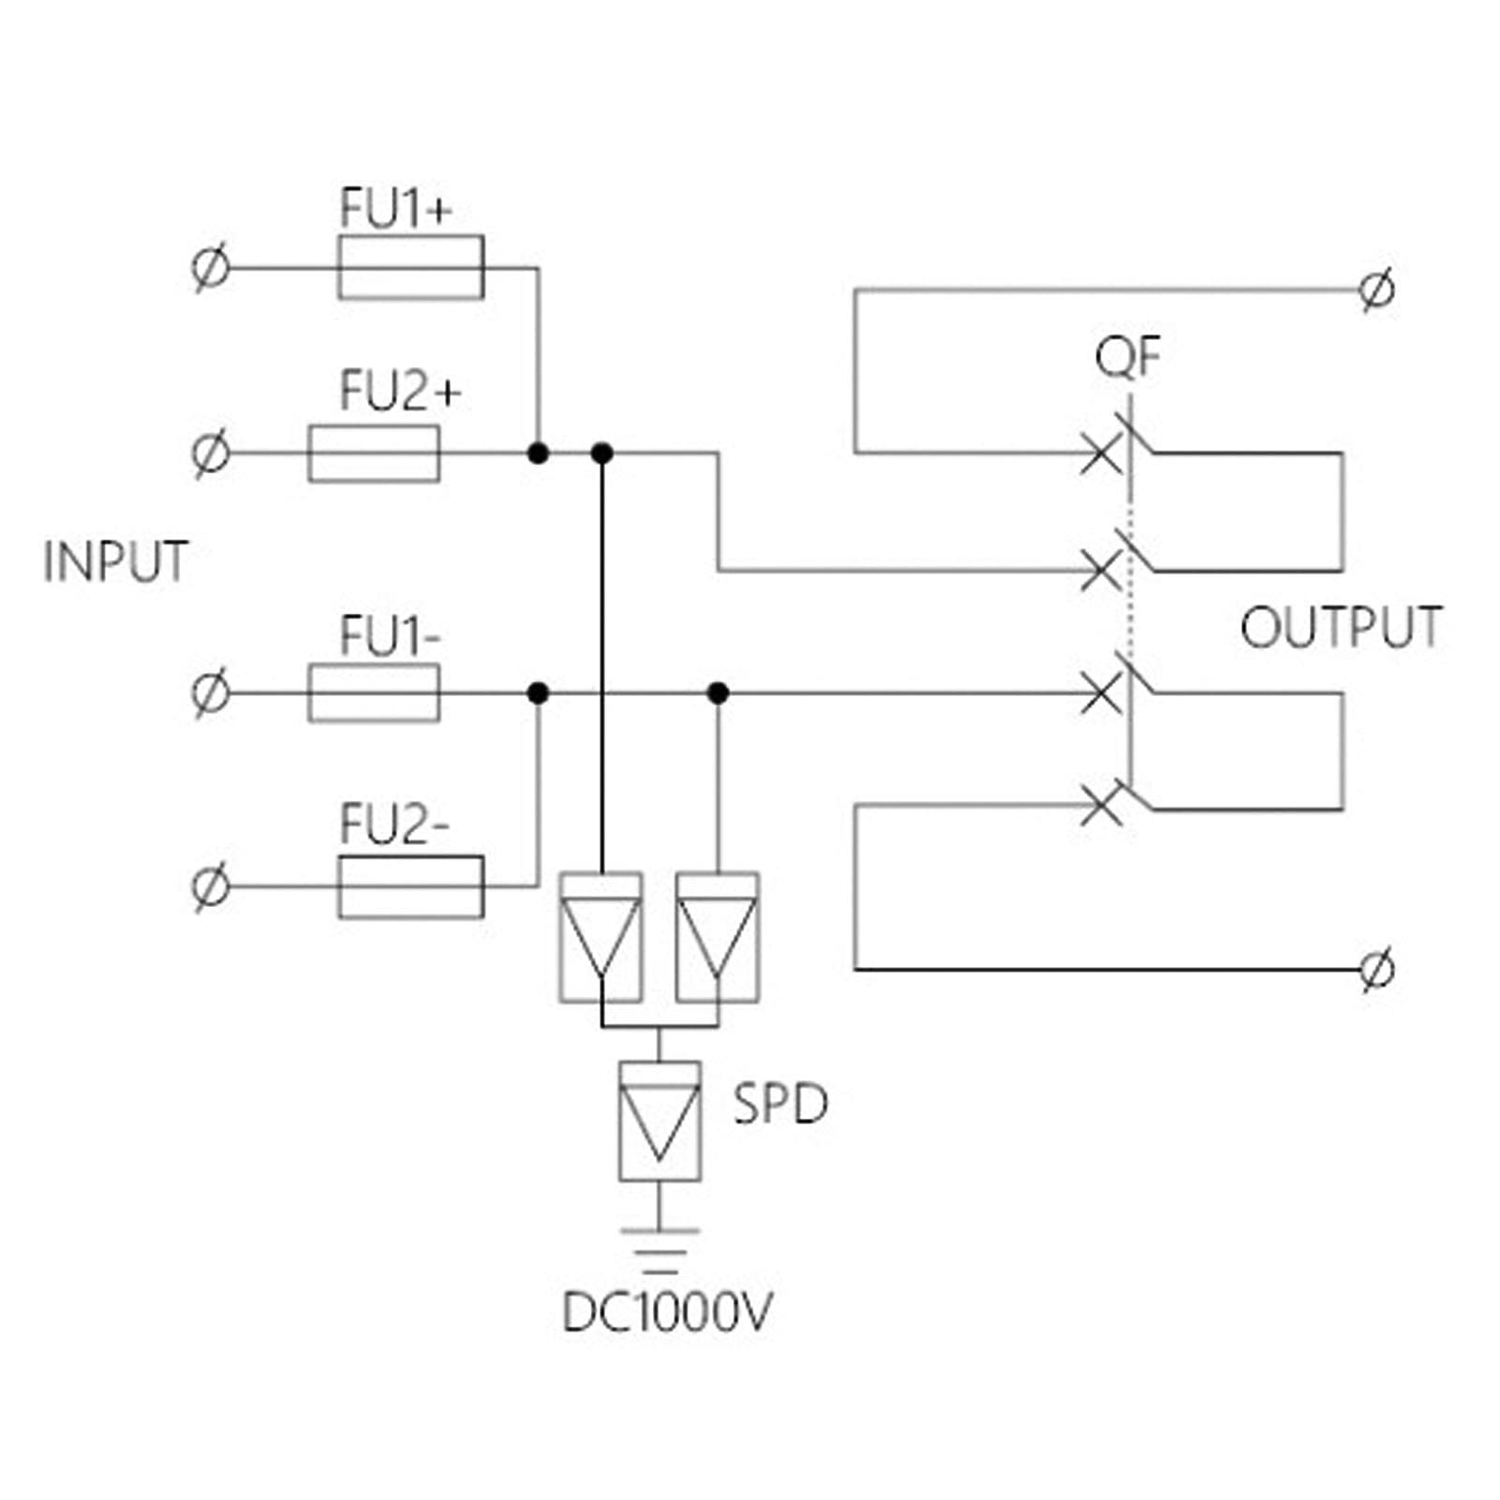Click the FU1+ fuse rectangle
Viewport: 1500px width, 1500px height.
[410, 268]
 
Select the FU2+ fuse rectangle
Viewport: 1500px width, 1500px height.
[374, 454]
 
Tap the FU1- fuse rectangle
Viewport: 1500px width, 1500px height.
[374, 693]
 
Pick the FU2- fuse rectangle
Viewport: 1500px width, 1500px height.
[410, 886]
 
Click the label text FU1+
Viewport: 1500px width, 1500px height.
[395, 208]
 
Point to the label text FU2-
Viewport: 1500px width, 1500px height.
[394, 824]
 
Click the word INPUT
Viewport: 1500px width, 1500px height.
[116, 562]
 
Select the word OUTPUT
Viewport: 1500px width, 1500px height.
[1341, 628]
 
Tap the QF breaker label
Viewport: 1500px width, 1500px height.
[1127, 357]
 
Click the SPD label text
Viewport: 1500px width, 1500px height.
[780, 1105]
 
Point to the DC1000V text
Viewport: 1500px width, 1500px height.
[666, 1313]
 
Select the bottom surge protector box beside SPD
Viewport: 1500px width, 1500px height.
[660, 1121]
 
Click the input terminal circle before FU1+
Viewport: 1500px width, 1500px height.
[210, 269]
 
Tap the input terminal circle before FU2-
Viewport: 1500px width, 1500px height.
[210, 886]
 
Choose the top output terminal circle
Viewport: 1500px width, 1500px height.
[1376, 290]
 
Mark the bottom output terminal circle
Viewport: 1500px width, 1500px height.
[1376, 969]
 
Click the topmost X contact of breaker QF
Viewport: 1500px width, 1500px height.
[1101, 454]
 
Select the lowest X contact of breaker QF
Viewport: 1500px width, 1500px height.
[1101, 805]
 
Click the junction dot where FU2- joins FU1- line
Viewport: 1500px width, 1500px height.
[538, 693]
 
